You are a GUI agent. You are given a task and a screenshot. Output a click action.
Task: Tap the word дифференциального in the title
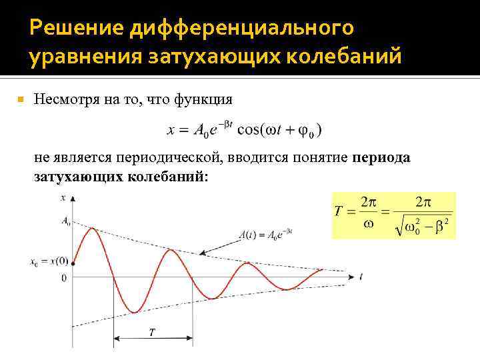coord(241,29)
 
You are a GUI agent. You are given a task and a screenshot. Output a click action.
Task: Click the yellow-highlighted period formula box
coord(393,215)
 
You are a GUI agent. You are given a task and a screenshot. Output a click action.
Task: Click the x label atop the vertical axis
coord(63,198)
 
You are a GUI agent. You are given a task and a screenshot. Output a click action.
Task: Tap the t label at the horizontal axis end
coord(360,275)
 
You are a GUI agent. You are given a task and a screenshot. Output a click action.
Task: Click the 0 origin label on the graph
coord(63,277)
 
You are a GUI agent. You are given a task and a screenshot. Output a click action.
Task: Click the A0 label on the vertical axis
coord(65,223)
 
